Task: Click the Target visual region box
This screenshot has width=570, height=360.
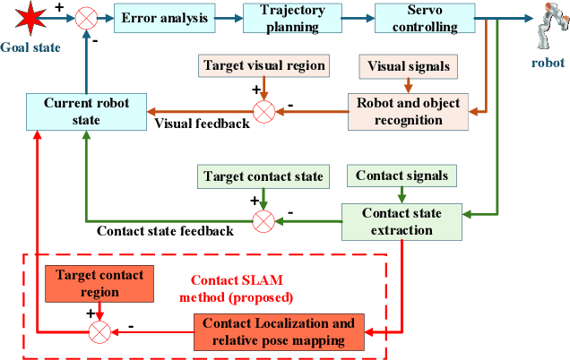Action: tap(263, 66)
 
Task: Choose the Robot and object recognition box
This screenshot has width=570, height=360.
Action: tap(407, 111)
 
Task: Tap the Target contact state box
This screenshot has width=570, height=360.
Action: tap(263, 176)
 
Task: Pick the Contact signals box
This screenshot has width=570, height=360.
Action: tap(402, 176)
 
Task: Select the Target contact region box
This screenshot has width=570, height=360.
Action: tap(99, 283)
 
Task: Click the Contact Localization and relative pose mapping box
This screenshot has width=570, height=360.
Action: tap(279, 331)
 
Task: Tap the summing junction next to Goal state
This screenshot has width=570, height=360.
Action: tap(87, 17)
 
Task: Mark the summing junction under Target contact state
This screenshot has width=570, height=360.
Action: tap(263, 220)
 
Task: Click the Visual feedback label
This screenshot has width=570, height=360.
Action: tap(203, 124)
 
